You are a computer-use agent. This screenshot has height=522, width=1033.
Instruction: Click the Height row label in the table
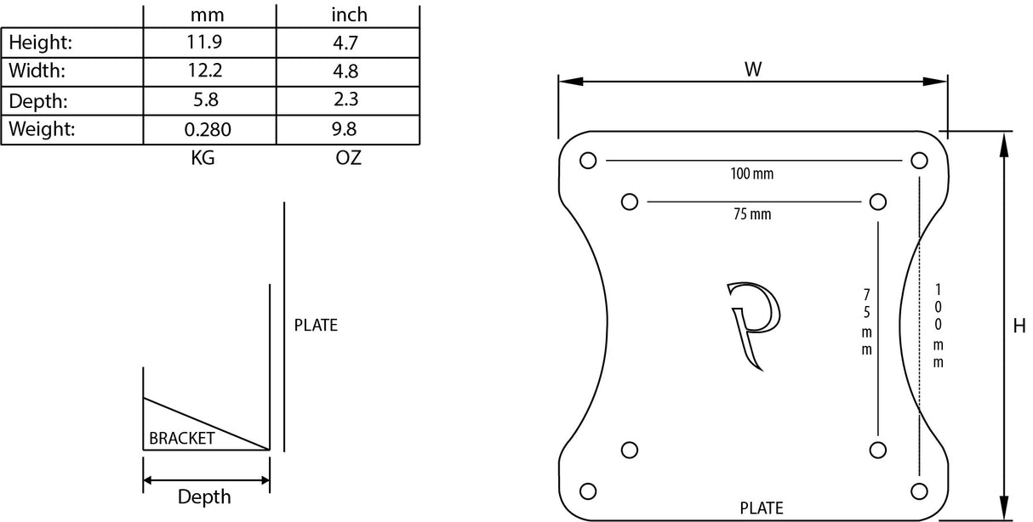coord(41,42)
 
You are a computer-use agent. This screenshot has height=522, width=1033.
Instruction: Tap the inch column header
coord(348,15)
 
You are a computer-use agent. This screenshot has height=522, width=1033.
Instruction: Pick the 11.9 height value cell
coord(204,41)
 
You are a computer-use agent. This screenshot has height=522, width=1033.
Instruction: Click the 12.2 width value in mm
coord(204,70)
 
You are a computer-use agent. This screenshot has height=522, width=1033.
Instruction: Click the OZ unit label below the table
coord(349,158)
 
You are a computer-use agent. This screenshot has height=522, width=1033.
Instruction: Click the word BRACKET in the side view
coord(181,439)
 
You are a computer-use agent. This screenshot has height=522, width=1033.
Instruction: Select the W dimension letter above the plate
coord(753,70)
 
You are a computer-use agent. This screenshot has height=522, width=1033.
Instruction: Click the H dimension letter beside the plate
coord(1019,326)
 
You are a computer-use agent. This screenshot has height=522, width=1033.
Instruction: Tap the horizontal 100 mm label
coord(752,174)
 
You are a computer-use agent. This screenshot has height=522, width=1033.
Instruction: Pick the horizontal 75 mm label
coord(752,214)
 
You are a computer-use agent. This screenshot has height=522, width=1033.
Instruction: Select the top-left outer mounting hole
coord(587,160)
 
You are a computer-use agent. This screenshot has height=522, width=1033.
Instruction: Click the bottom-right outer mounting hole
coord(918,490)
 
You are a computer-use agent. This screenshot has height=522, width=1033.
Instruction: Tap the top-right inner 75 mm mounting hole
coord(878,201)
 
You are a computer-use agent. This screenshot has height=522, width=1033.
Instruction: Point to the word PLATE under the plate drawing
coord(762,508)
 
